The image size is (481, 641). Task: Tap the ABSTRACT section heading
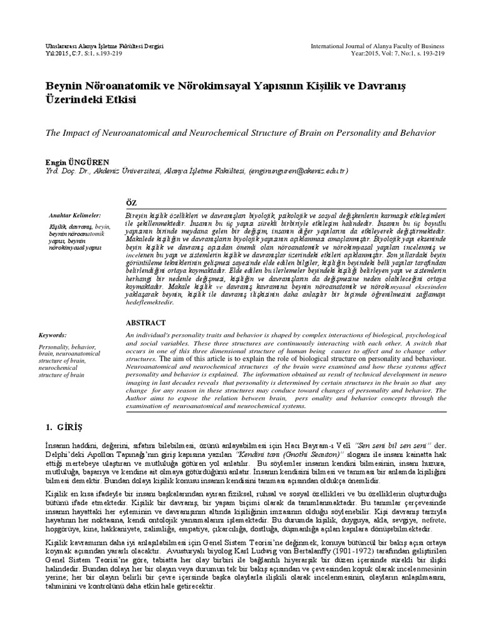[x=145, y=323]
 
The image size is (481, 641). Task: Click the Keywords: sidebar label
[x=53, y=335]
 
